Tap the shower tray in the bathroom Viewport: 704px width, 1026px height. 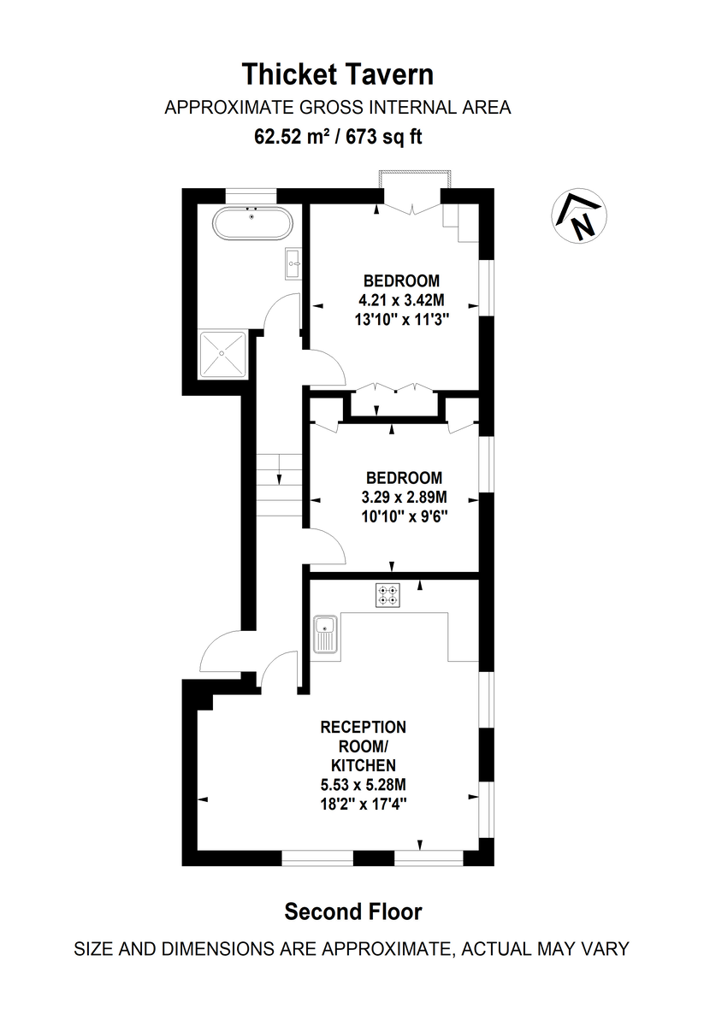point(223,355)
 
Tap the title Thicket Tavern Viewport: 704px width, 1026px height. point(338,74)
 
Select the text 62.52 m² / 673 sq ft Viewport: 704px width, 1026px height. point(338,135)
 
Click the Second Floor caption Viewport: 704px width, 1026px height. point(352,912)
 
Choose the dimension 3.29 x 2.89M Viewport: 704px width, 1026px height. point(404,497)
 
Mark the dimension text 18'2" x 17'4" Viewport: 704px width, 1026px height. point(363,803)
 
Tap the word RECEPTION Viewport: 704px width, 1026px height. point(363,728)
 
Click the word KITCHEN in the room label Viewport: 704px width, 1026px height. point(363,765)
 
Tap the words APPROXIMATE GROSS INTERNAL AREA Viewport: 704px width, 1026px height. point(338,108)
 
